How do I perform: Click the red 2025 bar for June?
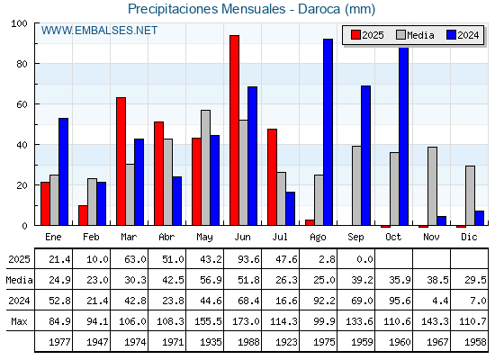[234, 130]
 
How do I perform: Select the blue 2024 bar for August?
[328, 132]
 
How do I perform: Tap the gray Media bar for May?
[206, 167]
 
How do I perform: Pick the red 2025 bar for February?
[83, 215]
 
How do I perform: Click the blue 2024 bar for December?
[479, 218]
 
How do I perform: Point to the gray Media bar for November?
[432, 186]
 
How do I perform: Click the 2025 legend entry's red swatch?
[355, 35]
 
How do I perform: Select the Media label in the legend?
[420, 35]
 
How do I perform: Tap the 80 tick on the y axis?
[22, 64]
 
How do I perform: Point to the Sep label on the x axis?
[355, 237]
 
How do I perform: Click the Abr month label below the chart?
[166, 237]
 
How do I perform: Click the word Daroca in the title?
[319, 9]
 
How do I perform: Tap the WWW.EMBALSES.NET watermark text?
[99, 31]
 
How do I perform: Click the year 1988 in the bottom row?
[248, 342]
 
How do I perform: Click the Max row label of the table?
[19, 321]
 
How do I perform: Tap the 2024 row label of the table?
[19, 301]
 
